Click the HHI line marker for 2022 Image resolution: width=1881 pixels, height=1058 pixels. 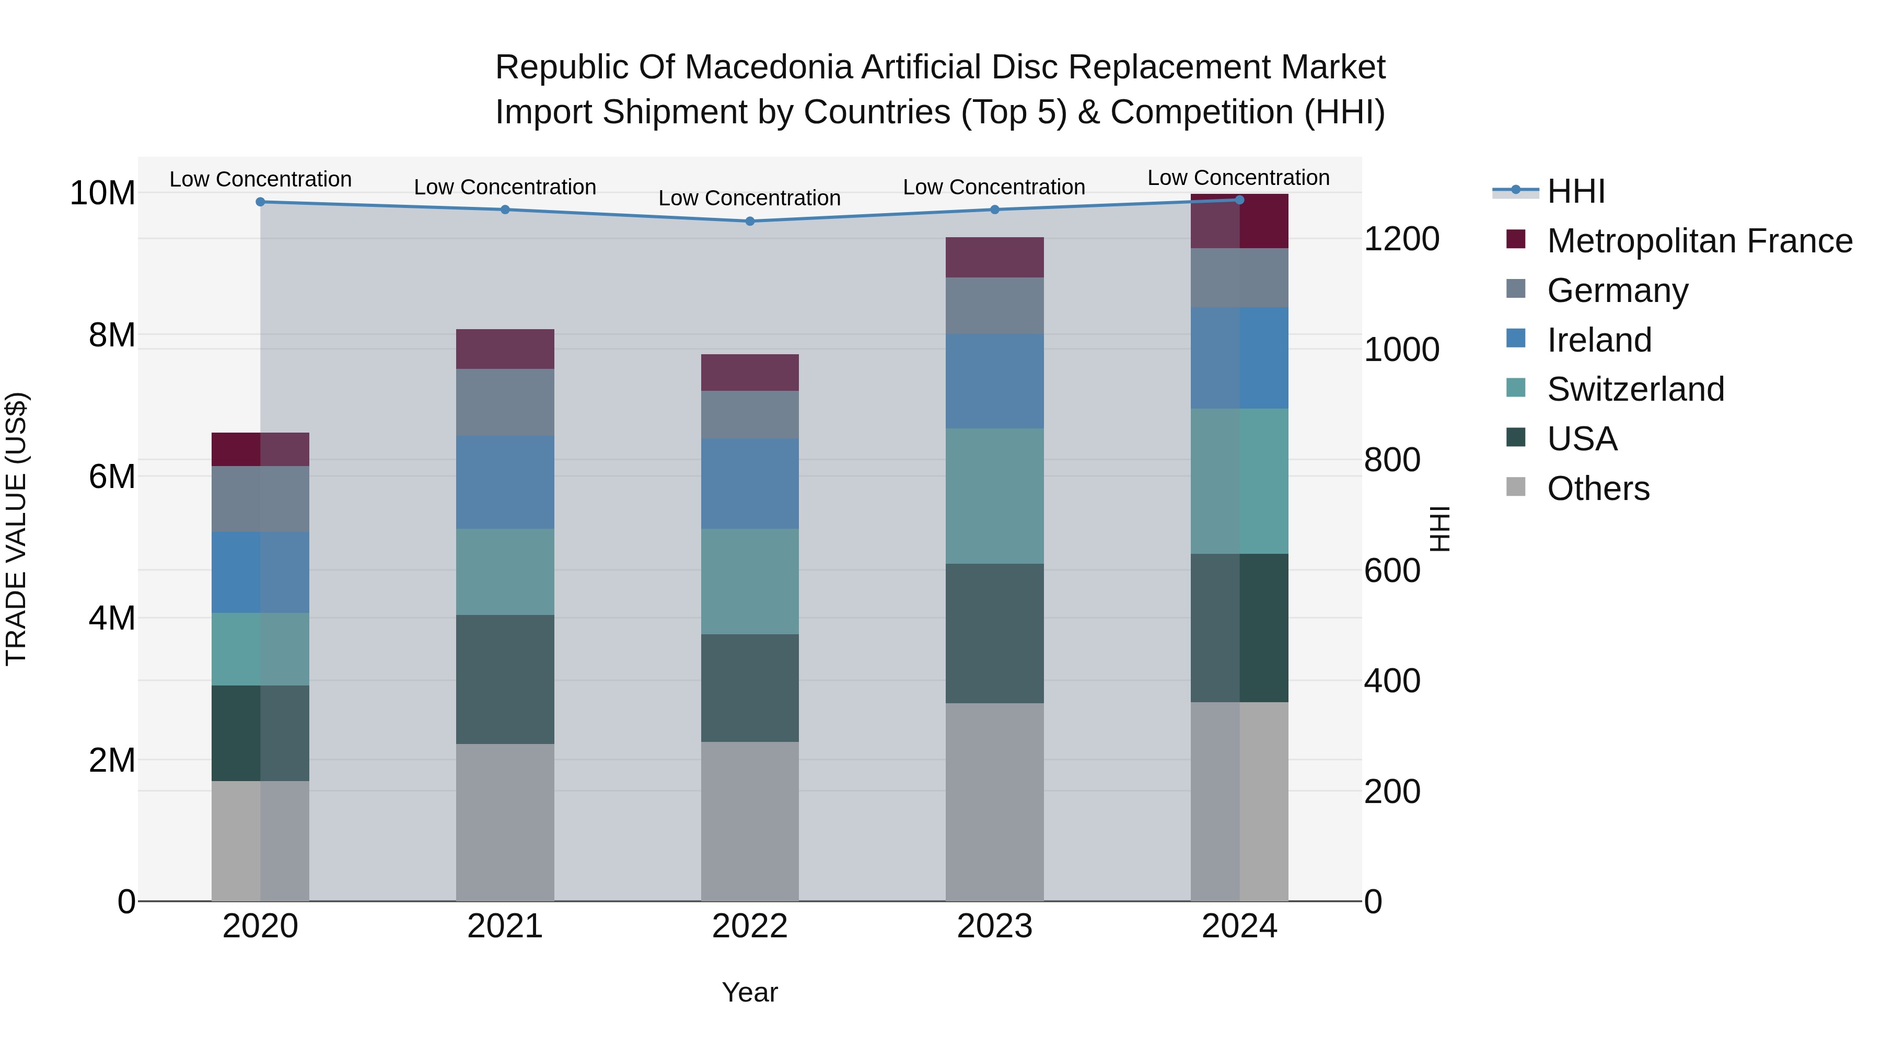tap(750, 221)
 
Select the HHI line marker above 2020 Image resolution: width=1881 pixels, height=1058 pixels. tap(261, 202)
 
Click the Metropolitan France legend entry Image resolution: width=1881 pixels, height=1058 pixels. tap(1699, 241)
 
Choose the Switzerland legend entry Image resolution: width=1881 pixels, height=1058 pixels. tap(1635, 389)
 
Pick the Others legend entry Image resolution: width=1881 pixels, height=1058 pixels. tap(1598, 489)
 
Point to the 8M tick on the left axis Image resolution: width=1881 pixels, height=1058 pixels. tap(112, 335)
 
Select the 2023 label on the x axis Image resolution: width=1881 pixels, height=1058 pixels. tap(994, 926)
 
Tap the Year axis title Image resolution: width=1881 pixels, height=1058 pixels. tap(750, 992)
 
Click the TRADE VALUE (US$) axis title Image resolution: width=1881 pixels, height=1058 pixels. tap(16, 529)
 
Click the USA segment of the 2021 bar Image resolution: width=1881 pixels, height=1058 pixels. tap(505, 679)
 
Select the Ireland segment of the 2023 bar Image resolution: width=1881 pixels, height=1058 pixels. tap(994, 381)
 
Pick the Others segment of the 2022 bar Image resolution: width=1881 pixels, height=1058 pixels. tap(750, 821)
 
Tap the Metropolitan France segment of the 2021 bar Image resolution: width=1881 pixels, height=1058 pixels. tap(505, 349)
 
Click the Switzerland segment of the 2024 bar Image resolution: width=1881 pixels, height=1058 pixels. tap(1239, 481)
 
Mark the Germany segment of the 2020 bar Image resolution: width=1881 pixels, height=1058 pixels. tap(261, 499)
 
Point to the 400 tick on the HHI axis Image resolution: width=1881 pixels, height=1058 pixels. tap(1392, 681)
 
